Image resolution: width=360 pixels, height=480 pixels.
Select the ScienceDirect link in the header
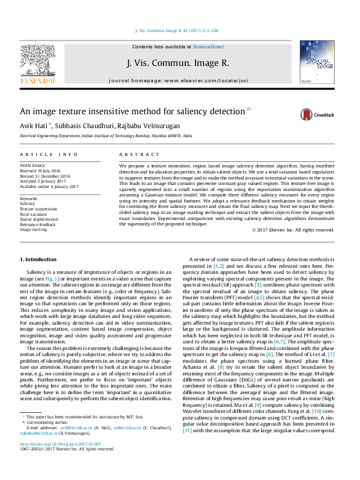point(208,47)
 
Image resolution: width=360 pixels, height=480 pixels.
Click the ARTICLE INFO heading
point(48,155)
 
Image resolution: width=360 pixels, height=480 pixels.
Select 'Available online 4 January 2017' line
point(49,186)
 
